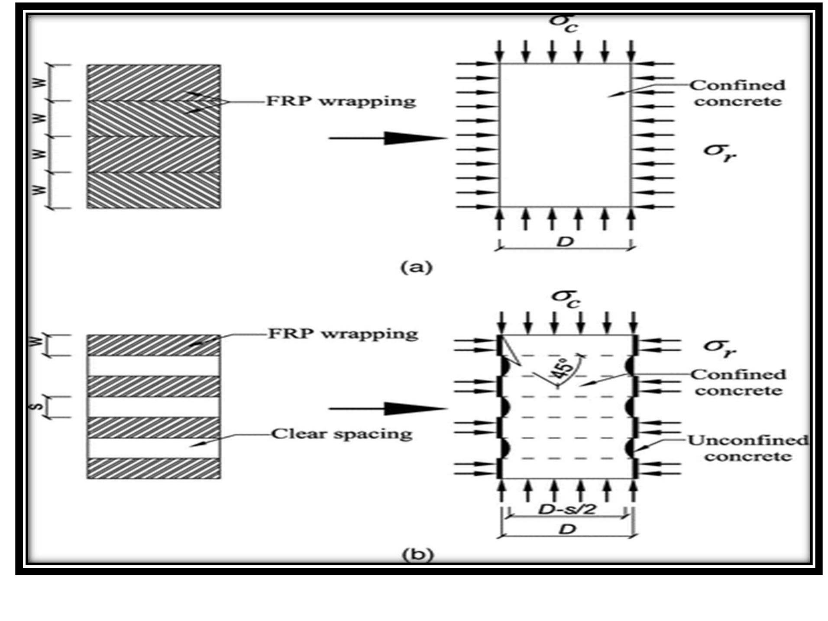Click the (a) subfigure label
pos(416,267)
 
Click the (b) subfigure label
pos(417,554)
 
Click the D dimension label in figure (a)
pos(564,241)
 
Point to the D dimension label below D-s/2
pos(567,529)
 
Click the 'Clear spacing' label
pos(342,434)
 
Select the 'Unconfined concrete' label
pos(748,448)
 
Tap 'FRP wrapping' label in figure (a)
pos(341,101)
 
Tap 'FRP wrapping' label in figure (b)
pos(343,334)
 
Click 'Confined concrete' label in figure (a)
pos(737,93)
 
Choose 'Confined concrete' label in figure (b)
pos(738,382)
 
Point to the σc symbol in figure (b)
pos(565,298)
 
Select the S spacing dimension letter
pos(39,407)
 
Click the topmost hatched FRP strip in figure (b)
pos(153,345)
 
